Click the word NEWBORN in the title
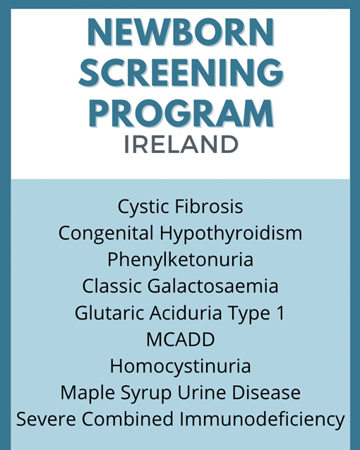[181, 32]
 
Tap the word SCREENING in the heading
[181, 73]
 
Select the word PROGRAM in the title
[181, 114]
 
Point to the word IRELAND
[181, 145]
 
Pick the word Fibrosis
[209, 206]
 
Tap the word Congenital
[106, 233]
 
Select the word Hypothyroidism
[231, 233]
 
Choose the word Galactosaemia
[213, 286]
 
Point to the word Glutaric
[109, 313]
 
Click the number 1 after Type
[281, 313]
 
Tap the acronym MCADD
[181, 340]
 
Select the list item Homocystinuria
[181, 367]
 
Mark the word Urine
[202, 393]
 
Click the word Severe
[47, 419]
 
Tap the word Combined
[128, 418]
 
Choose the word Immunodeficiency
[262, 420]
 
